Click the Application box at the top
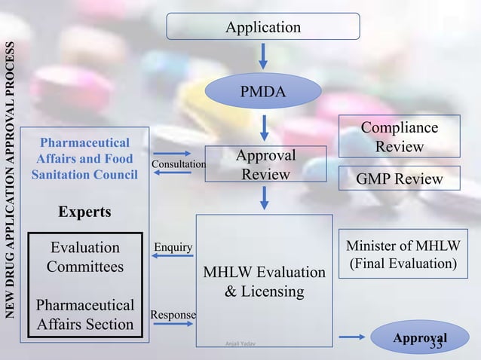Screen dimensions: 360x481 tap(263, 27)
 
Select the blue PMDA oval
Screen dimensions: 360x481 tap(263, 92)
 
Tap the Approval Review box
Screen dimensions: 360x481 tap(265, 164)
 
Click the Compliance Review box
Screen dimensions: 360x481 tap(399, 136)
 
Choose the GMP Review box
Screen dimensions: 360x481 tap(399, 178)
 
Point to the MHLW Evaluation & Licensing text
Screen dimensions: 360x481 tap(264, 281)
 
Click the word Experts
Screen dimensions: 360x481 tap(84, 212)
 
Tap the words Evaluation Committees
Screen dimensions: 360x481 tap(84, 257)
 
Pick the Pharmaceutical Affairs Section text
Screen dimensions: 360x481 tap(84, 316)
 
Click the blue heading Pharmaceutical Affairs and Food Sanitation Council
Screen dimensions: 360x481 tap(84, 159)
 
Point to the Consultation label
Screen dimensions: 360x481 tap(179, 164)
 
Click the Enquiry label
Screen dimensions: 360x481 tap(173, 247)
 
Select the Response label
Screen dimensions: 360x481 tap(173, 314)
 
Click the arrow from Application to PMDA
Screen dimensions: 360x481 tap(263, 56)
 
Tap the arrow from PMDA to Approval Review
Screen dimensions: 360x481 tap(263, 126)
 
